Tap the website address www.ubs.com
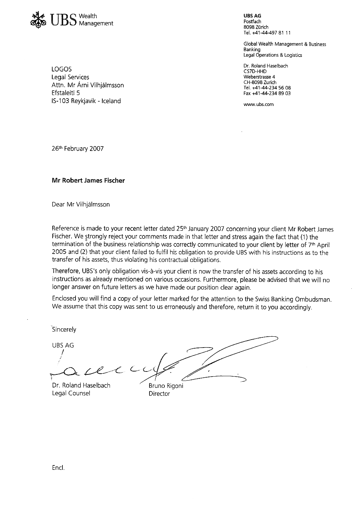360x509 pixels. pos(258,104)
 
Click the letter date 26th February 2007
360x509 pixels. pos(78,149)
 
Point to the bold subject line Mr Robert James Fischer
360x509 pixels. pos(88,180)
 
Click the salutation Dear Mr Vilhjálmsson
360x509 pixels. pos(81,205)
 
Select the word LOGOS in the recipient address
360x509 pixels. pos(62,69)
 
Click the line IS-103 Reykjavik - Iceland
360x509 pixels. pos(86,101)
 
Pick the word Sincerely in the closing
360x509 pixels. pos(64,330)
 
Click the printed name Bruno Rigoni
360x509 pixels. pos(166,386)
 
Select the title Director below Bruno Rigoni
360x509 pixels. pos(159,394)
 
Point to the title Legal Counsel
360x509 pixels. pos(71,393)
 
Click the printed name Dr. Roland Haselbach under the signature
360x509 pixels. pos(81,385)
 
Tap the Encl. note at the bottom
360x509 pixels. pos(58,468)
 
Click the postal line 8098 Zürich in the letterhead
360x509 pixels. pos(256,27)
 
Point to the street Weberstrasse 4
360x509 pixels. pos(259,77)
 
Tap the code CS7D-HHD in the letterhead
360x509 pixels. pos(255,71)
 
